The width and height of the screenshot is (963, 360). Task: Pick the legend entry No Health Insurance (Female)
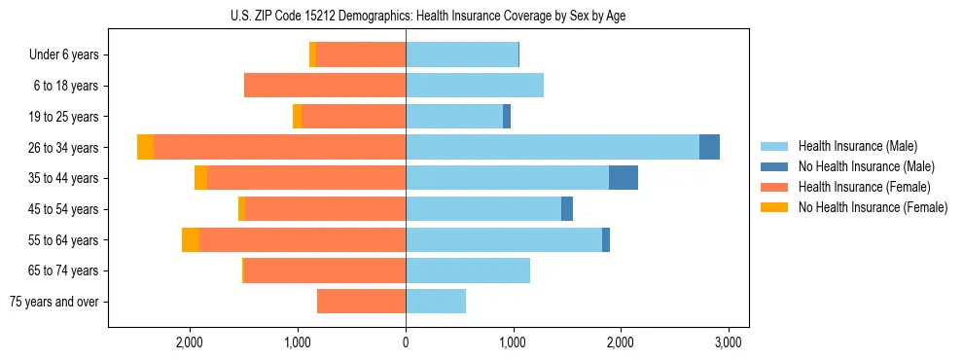873,207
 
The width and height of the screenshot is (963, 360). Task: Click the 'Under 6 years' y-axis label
64,55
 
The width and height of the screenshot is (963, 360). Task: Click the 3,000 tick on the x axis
729,342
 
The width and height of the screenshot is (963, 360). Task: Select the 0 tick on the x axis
406,342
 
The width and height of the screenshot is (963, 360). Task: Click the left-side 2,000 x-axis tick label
189,342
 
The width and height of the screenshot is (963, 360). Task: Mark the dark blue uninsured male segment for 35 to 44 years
624,178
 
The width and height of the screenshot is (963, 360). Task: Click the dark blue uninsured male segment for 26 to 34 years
709,147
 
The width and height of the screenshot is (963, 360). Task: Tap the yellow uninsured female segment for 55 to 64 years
191,239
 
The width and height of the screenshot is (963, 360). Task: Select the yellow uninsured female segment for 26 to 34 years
145,147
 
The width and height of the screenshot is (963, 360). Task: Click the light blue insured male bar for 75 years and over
436,302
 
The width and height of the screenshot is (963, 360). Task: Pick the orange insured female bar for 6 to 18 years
325,86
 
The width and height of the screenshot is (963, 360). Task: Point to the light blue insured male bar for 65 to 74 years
468,270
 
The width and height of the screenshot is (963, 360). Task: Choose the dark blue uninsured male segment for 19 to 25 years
507,117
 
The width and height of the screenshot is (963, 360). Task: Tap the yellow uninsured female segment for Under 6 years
312,55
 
